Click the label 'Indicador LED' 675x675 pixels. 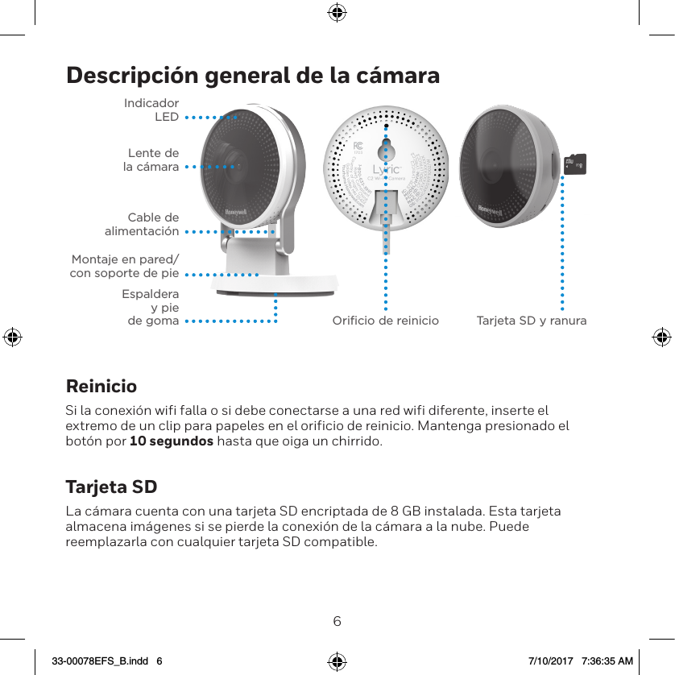tap(151, 110)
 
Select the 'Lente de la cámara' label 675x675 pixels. tap(153, 159)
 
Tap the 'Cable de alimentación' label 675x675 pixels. tap(143, 224)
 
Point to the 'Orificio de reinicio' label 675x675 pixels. tap(386, 321)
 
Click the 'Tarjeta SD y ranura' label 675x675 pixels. tap(532, 321)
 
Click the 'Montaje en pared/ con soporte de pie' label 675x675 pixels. tap(125, 266)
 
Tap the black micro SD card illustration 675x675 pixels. tap(575, 164)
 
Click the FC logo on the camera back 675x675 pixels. tap(360, 146)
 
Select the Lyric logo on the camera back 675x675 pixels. tap(386, 170)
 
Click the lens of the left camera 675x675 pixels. tap(237, 166)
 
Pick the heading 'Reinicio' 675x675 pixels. tap(101, 386)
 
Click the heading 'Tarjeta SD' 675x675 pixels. tap(111, 487)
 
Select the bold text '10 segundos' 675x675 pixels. tap(172, 442)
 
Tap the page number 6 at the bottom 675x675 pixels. tap(337, 621)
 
